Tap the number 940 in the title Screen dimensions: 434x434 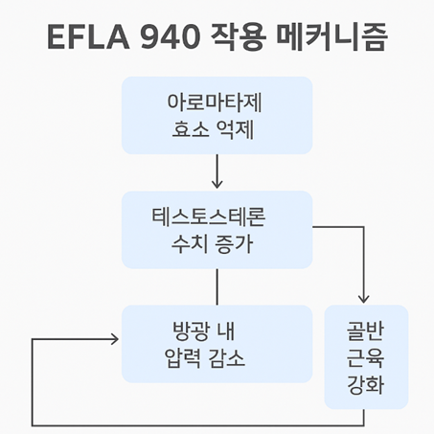click(176, 39)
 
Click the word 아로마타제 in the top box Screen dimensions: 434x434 click(217, 102)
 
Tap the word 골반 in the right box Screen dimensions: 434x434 click(366, 331)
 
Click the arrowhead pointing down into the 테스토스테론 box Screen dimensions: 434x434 click(217, 183)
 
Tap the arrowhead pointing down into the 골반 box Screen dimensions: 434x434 click(365, 296)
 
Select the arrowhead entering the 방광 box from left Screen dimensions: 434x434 click(114, 339)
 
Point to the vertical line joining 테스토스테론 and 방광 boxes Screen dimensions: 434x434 click(217, 286)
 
